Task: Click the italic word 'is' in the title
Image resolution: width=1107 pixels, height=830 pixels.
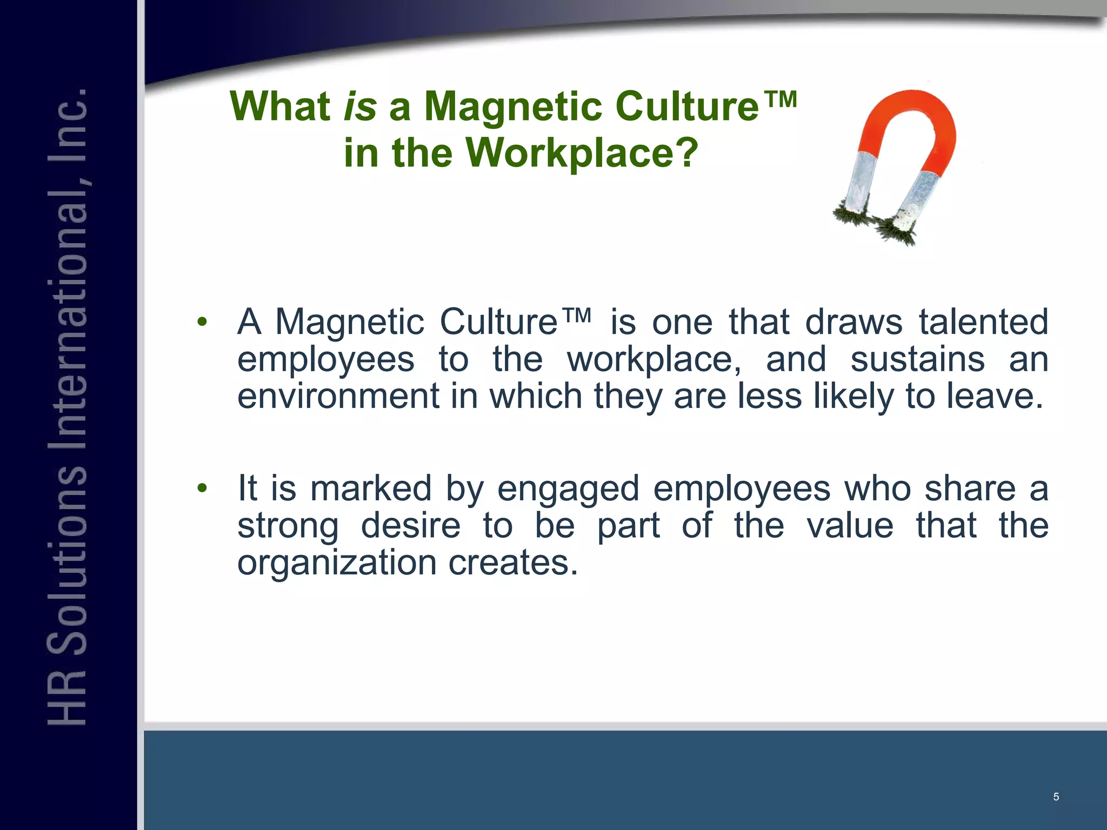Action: coord(360,106)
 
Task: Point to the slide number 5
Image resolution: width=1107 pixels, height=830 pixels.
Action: coord(1056,796)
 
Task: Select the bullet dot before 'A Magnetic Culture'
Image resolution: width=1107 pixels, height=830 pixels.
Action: coord(202,323)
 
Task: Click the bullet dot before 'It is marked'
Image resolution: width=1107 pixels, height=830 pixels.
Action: coord(202,488)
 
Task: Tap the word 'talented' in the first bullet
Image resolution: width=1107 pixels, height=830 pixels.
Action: coord(984,323)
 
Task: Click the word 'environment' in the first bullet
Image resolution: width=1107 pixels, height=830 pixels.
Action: coord(338,396)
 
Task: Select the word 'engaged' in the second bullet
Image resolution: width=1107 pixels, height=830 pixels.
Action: coord(568,488)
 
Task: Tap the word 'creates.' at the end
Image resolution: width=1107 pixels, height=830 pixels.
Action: coord(513,563)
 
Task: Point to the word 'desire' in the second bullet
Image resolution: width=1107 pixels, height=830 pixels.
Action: coord(410,526)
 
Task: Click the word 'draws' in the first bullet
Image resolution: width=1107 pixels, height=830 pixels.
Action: coord(854,323)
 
